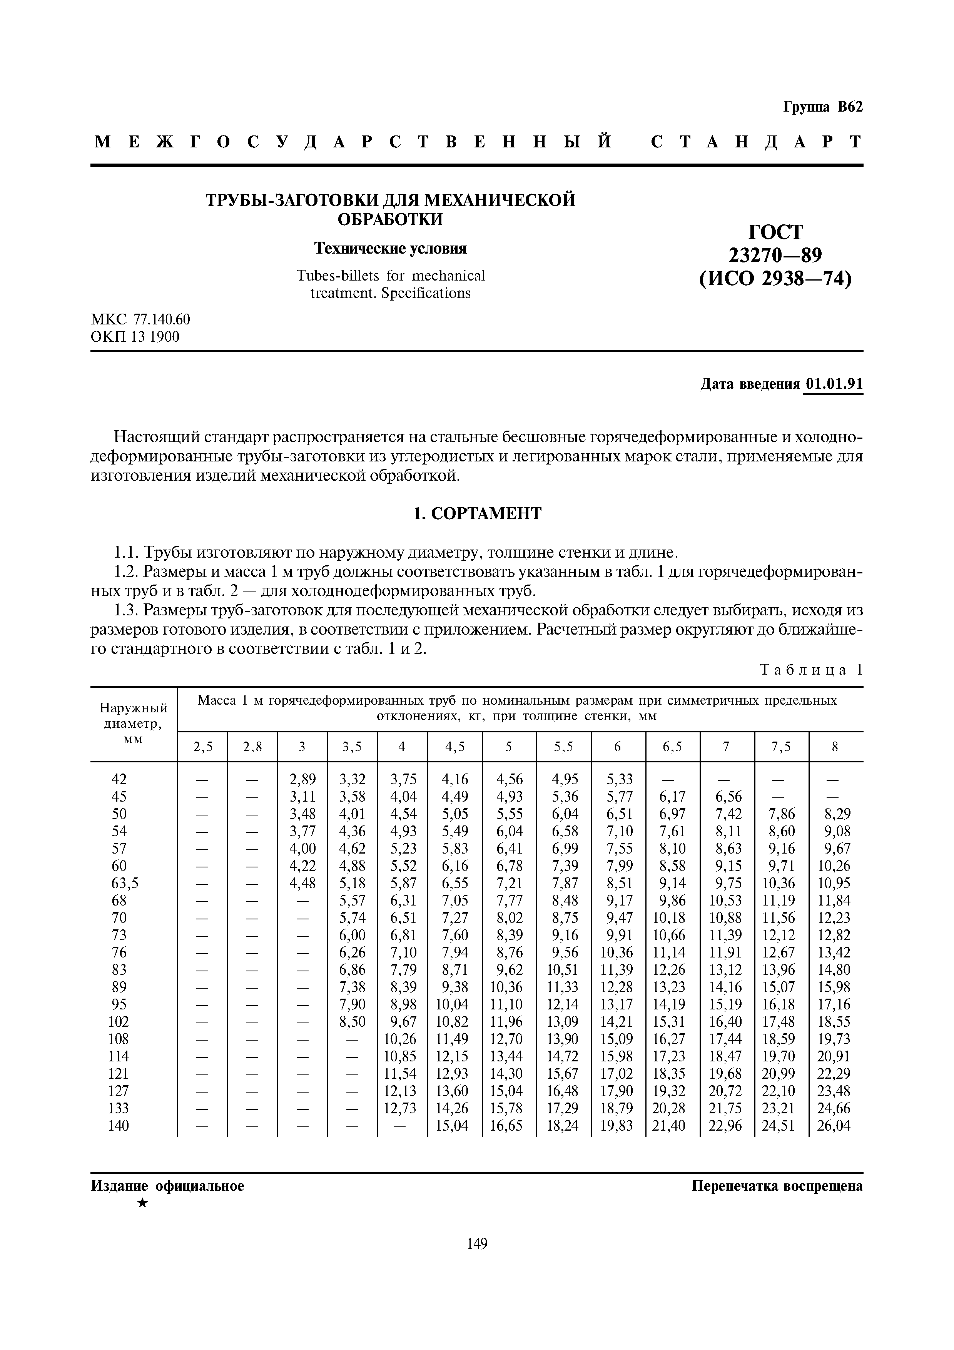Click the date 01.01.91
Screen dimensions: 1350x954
tap(834, 384)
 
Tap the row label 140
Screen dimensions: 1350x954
tap(119, 1126)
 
